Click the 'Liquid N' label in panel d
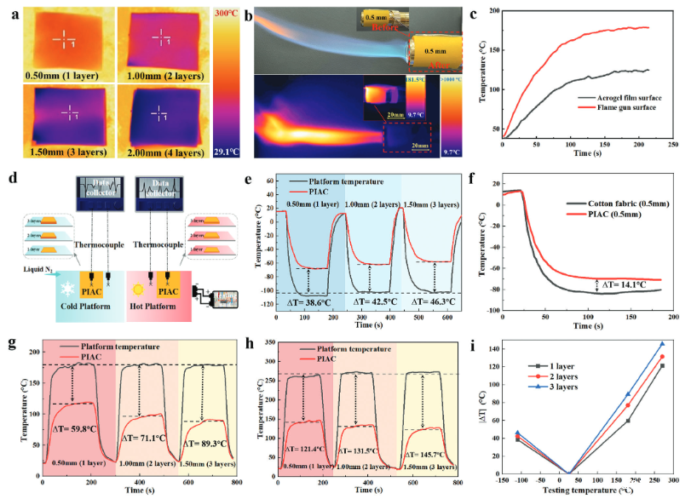26,270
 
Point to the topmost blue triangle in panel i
662,344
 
